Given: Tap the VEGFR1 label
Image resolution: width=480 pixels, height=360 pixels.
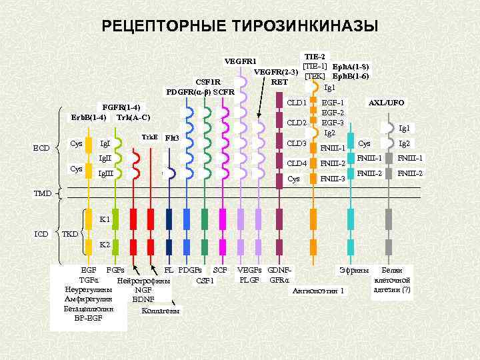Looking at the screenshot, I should [x=241, y=61].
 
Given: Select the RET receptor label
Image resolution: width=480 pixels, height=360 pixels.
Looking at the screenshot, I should [x=279, y=82].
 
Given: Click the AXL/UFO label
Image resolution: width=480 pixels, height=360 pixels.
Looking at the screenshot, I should [x=387, y=103].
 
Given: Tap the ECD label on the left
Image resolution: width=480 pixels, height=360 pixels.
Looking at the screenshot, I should [x=43, y=148].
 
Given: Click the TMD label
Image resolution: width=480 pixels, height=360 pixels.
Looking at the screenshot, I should [x=43, y=193].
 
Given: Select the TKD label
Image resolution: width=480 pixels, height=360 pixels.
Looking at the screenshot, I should [x=69, y=235].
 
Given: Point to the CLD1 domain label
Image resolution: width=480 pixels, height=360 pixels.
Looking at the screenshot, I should [x=296, y=103].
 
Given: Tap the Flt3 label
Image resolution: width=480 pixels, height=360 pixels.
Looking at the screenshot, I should [x=172, y=137].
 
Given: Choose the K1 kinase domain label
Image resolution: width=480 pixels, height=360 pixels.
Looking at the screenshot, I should [x=105, y=219].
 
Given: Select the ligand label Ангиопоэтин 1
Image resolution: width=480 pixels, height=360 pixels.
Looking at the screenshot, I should [x=319, y=290].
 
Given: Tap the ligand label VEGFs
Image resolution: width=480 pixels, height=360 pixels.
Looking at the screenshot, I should [x=249, y=269].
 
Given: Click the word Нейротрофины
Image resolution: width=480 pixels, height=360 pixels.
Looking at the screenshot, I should [x=144, y=280].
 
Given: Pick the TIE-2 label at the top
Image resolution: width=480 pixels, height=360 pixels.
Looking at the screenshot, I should [x=314, y=57].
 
